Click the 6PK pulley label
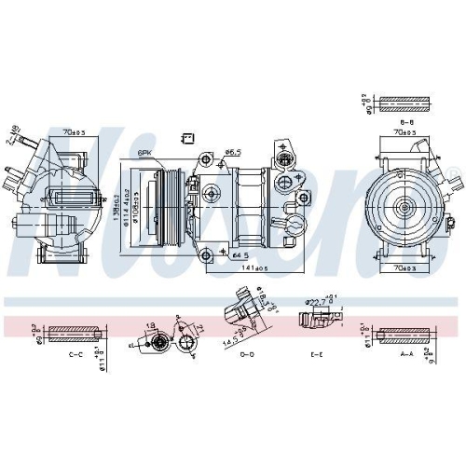145,152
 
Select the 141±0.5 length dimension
243,268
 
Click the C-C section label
78,356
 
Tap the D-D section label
247,355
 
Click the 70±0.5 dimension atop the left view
75,133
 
